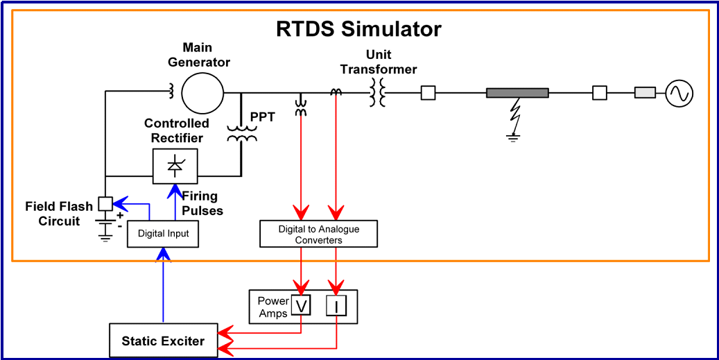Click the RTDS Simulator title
coord(358,30)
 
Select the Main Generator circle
coord(202,92)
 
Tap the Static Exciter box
coord(163,341)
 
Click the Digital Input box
coord(163,234)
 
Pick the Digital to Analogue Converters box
coord(318,234)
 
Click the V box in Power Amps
coord(300,306)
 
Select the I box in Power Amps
coord(336,306)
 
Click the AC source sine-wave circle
coord(679,92)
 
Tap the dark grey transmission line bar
coord(517,92)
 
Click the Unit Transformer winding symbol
coord(378,92)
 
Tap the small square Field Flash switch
coord(105,204)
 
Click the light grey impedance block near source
coord(645,92)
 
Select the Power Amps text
coord(272,307)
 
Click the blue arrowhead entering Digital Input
coord(163,256)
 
